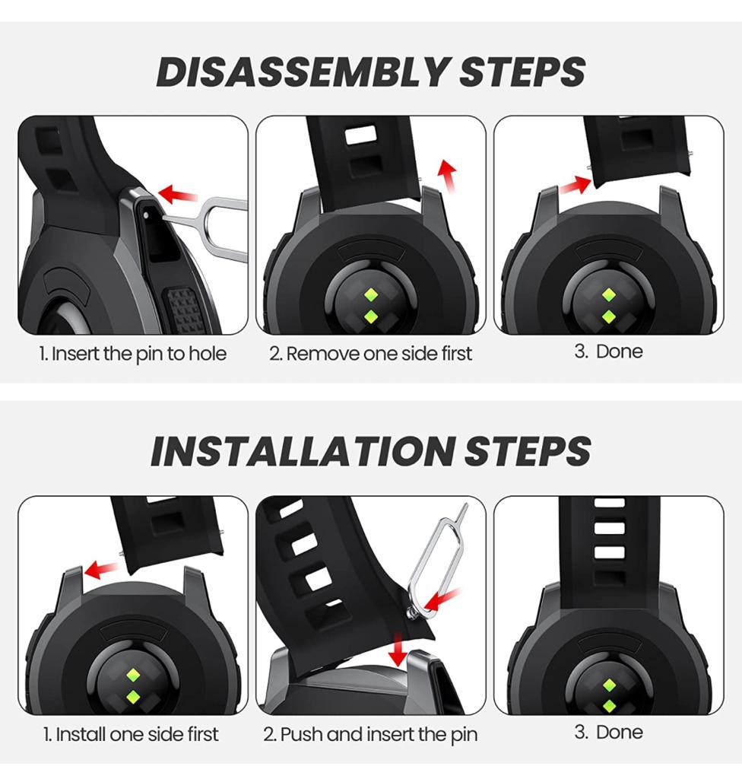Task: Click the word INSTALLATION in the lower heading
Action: coord(300,452)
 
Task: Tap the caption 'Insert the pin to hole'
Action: coord(133,354)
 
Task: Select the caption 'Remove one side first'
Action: coord(370,354)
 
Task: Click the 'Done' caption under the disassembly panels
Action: coord(608,351)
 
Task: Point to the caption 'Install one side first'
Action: coord(131,734)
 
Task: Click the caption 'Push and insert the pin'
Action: coord(370,734)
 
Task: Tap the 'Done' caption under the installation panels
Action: coord(608,732)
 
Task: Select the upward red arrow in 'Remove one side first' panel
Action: coord(449,176)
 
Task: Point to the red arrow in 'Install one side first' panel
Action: coord(102,568)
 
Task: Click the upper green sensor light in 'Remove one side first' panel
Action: coord(370,294)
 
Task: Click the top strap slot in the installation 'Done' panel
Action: coord(609,504)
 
